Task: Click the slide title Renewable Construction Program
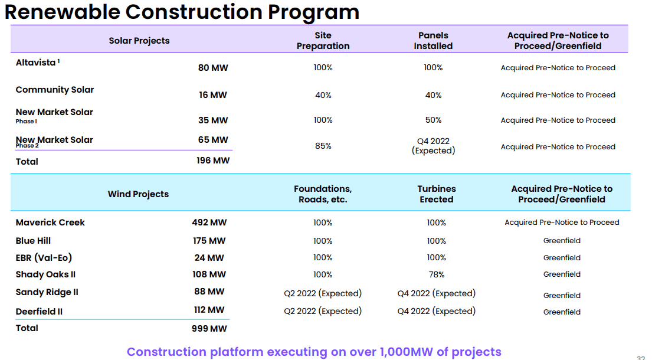182,12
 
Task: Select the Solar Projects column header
139,41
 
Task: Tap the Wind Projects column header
138,194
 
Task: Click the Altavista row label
36,62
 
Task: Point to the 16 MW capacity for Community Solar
213,95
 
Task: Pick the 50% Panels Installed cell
433,120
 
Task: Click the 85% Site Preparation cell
323,146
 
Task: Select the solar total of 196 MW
213,161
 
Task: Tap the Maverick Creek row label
50,222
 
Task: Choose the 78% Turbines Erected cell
437,274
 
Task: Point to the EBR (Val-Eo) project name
44,258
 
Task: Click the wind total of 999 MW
209,329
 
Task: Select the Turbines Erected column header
437,194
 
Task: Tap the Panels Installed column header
433,41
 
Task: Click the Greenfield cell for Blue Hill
562,241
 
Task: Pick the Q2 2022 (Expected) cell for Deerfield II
323,311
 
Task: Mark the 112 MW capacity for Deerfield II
209,310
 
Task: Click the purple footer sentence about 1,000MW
314,352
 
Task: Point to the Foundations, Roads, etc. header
323,194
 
